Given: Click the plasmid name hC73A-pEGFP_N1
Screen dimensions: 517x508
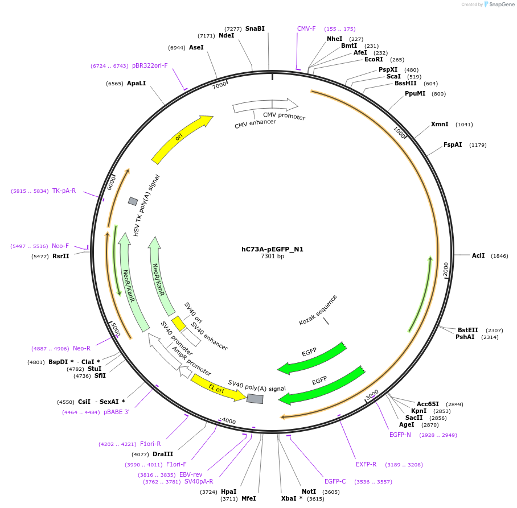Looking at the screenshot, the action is pyautogui.click(x=272, y=249).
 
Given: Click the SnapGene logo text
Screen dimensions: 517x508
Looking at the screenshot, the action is pyautogui.click(x=502, y=5).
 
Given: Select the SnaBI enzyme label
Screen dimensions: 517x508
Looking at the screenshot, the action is pyautogui.click(x=255, y=28).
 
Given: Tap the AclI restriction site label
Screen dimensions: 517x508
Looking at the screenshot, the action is pyautogui.click(x=478, y=255).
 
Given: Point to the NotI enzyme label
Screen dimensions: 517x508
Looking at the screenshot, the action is pyautogui.click(x=309, y=492).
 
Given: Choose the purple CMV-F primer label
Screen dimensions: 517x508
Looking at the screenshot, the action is pyautogui.click(x=306, y=28).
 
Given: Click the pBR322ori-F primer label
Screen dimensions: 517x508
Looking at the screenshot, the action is pyautogui.click(x=150, y=65).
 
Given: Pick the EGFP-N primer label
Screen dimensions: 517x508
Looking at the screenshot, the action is pyautogui.click(x=400, y=435).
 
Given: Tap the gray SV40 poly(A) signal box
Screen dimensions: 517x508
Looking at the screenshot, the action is pyautogui.click(x=255, y=399).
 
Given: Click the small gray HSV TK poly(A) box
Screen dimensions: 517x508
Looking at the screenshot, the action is pyautogui.click(x=133, y=201).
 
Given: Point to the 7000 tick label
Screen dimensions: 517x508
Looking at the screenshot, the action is pyautogui.click(x=219, y=85).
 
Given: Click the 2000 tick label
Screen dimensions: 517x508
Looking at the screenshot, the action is pyautogui.click(x=446, y=270).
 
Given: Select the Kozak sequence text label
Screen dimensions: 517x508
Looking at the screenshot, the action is pyautogui.click(x=318, y=310).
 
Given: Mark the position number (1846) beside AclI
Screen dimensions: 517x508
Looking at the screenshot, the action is pyautogui.click(x=499, y=256).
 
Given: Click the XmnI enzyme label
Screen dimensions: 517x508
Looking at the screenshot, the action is pyautogui.click(x=440, y=124).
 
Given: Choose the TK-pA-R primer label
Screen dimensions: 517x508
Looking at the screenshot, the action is pyautogui.click(x=64, y=191).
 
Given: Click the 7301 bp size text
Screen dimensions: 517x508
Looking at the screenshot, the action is pyautogui.click(x=272, y=257).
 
